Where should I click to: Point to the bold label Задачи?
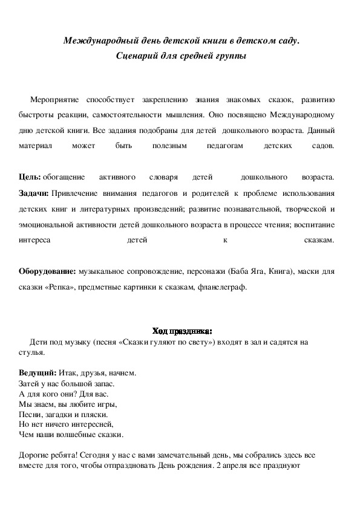34,193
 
